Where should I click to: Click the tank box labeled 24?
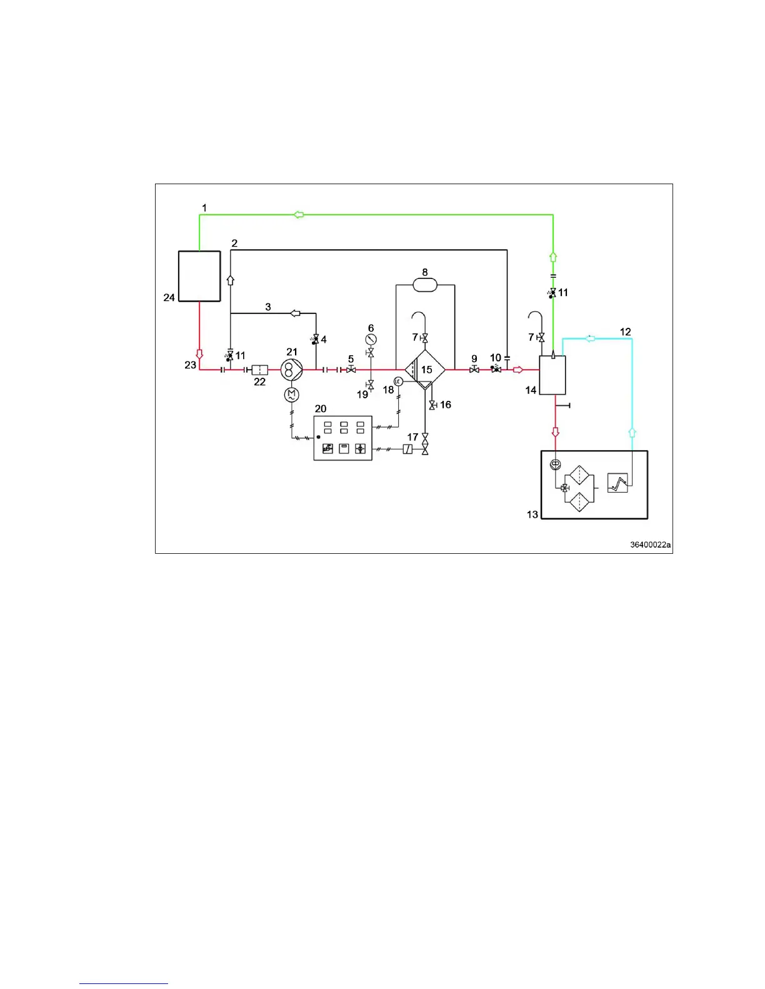(x=199, y=276)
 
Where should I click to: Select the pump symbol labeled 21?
(x=291, y=370)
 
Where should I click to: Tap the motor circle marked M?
(x=291, y=395)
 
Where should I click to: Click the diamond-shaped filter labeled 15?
(x=425, y=370)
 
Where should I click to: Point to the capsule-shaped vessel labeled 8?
(x=425, y=285)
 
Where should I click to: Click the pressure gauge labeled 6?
(x=371, y=339)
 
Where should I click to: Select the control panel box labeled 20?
(x=342, y=438)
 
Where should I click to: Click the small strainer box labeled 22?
(x=259, y=370)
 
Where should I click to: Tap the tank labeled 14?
(x=552, y=375)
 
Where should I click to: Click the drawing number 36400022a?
(x=650, y=544)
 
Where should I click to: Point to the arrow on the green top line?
(x=299, y=215)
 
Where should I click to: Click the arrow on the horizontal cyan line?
(x=589, y=338)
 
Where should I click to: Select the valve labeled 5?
(x=351, y=370)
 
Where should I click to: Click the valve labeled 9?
(x=474, y=370)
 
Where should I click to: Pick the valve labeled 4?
(x=316, y=339)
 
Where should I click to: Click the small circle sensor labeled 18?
(x=397, y=381)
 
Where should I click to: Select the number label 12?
(x=625, y=332)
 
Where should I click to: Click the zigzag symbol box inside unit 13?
(x=617, y=483)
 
